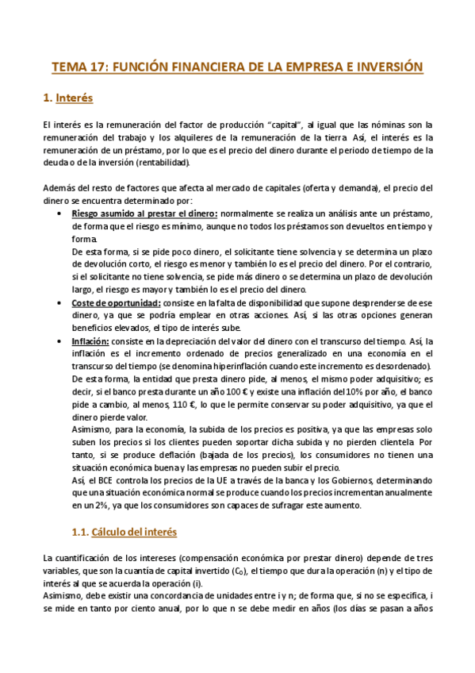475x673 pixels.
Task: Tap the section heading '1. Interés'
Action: click(x=67, y=99)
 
